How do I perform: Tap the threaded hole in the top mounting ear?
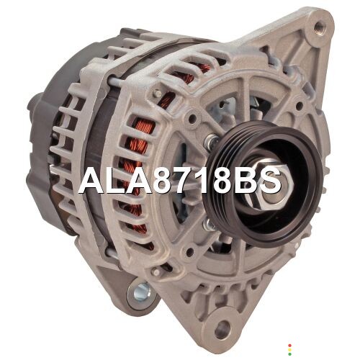tap(319, 25)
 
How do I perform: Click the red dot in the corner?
tap(289, 346)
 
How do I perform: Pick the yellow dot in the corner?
tap(289, 350)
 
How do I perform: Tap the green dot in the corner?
tap(289, 354)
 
